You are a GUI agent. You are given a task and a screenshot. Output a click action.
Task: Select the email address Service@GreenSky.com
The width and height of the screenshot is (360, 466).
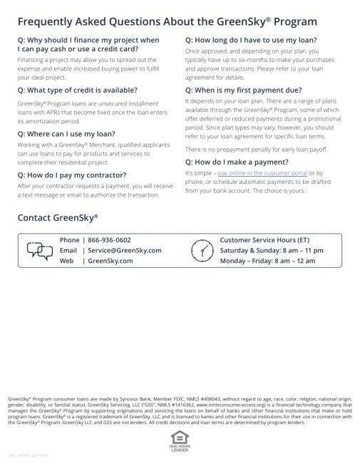124,250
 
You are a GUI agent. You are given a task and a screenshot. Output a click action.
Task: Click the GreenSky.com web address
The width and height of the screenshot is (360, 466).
110,261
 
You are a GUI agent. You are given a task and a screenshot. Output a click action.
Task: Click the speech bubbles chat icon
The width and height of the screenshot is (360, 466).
39,250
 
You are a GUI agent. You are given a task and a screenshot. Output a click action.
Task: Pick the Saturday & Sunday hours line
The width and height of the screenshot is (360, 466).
272,250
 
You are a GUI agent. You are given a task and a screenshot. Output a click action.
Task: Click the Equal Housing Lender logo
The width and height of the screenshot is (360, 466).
180,437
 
